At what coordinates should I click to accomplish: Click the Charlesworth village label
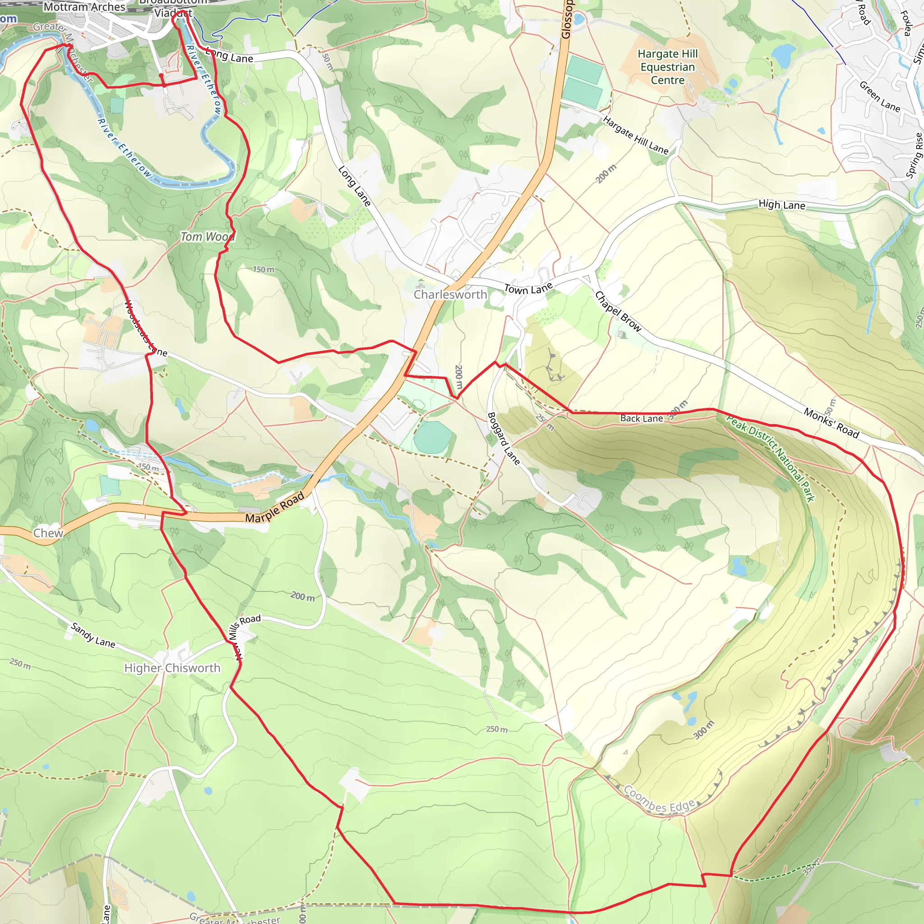(450, 295)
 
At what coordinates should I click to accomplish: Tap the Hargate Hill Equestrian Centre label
(668, 67)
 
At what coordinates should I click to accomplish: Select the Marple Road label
(275, 508)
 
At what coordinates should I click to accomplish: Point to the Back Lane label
(642, 419)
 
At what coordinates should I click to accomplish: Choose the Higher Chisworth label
(172, 668)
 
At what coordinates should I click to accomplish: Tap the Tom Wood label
(207, 237)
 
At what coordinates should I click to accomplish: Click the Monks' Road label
(831, 423)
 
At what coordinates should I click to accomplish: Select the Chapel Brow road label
(618, 311)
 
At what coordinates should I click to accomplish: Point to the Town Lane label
(528, 288)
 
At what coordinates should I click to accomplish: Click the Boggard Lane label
(503, 438)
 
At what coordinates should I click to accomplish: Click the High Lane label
(782, 205)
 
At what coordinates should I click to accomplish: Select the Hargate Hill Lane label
(635, 135)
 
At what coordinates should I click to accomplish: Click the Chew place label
(48, 533)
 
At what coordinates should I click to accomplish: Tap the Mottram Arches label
(84, 7)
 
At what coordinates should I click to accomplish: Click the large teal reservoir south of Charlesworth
(432, 438)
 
